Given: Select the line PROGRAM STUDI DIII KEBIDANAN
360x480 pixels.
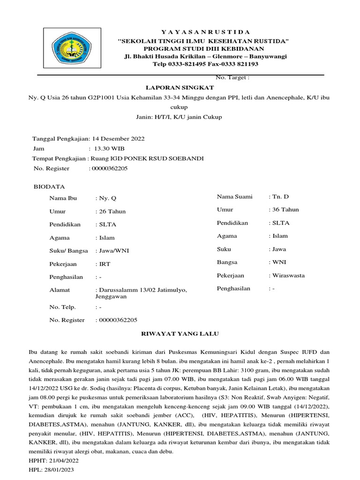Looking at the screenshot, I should [x=203, y=49].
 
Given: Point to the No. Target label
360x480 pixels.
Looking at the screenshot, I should [x=232, y=77].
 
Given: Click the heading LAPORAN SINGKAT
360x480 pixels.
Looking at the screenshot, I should [x=180, y=88].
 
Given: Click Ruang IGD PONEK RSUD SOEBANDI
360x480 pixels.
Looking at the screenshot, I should [x=147, y=158].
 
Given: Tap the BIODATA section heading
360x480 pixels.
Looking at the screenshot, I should [x=49, y=187].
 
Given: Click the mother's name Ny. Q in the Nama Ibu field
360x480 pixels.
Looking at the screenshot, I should [x=105, y=198].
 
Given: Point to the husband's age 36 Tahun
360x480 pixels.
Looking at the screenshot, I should [x=285, y=210].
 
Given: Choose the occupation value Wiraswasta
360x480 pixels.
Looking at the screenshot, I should [x=288, y=275].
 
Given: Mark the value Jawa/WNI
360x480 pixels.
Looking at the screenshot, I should [x=113, y=251].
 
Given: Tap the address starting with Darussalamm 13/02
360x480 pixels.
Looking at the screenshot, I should [x=141, y=291].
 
